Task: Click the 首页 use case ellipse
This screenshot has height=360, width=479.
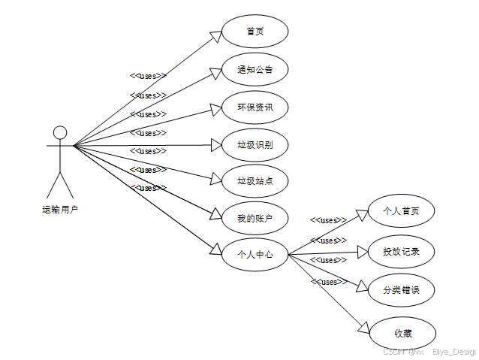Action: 255,32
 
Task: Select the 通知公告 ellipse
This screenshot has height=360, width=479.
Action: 255,69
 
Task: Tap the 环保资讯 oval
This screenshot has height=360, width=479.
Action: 255,107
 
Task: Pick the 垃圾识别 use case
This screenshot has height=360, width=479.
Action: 255,144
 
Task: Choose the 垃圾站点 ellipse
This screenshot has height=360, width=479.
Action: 255,180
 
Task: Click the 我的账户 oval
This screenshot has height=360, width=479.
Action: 255,218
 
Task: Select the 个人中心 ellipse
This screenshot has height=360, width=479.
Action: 255,255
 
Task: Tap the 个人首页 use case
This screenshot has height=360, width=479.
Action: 401,211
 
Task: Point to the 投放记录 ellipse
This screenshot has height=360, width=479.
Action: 401,252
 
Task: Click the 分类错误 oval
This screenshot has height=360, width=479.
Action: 401,289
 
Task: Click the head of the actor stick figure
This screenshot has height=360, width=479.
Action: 60,132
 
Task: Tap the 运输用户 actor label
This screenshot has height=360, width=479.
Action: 60,210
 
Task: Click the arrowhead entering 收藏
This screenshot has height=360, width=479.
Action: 364,328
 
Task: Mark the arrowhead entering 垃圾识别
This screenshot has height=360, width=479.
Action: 216,144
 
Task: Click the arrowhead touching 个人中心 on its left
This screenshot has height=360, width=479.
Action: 216,250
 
